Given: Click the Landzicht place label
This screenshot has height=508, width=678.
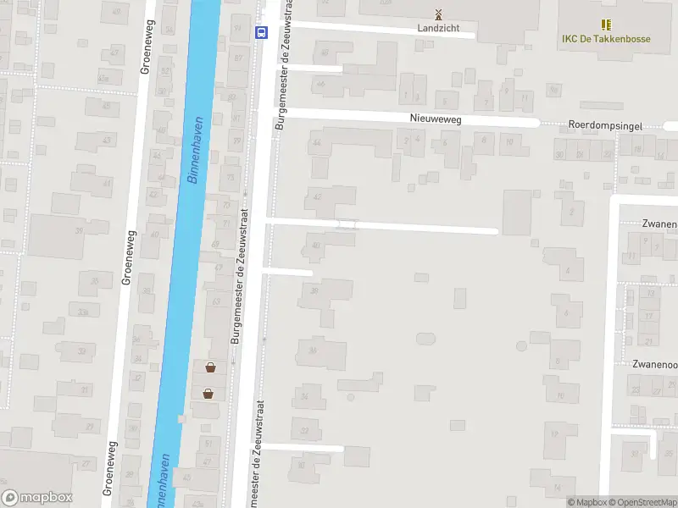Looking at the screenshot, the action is click(x=438, y=28).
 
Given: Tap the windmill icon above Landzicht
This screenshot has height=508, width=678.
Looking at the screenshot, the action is click(x=438, y=14).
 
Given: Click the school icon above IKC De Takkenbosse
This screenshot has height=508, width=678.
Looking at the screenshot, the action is click(x=606, y=25).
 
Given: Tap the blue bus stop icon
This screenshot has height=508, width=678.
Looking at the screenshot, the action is click(x=261, y=33).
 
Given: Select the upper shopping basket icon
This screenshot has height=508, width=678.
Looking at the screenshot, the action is click(x=209, y=367).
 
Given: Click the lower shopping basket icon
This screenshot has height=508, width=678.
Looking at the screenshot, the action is click(x=208, y=393).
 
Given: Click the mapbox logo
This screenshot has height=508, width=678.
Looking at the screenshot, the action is click(x=36, y=498).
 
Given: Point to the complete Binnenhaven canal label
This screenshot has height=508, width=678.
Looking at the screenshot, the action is click(x=194, y=151).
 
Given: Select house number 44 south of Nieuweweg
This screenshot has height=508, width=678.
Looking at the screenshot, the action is click(x=317, y=142).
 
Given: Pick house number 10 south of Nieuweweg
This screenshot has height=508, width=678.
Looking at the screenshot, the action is click(x=508, y=141).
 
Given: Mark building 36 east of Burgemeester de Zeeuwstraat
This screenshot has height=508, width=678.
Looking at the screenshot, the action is click(x=313, y=351).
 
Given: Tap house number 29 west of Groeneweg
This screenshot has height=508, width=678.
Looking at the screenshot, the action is click(x=83, y=312).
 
